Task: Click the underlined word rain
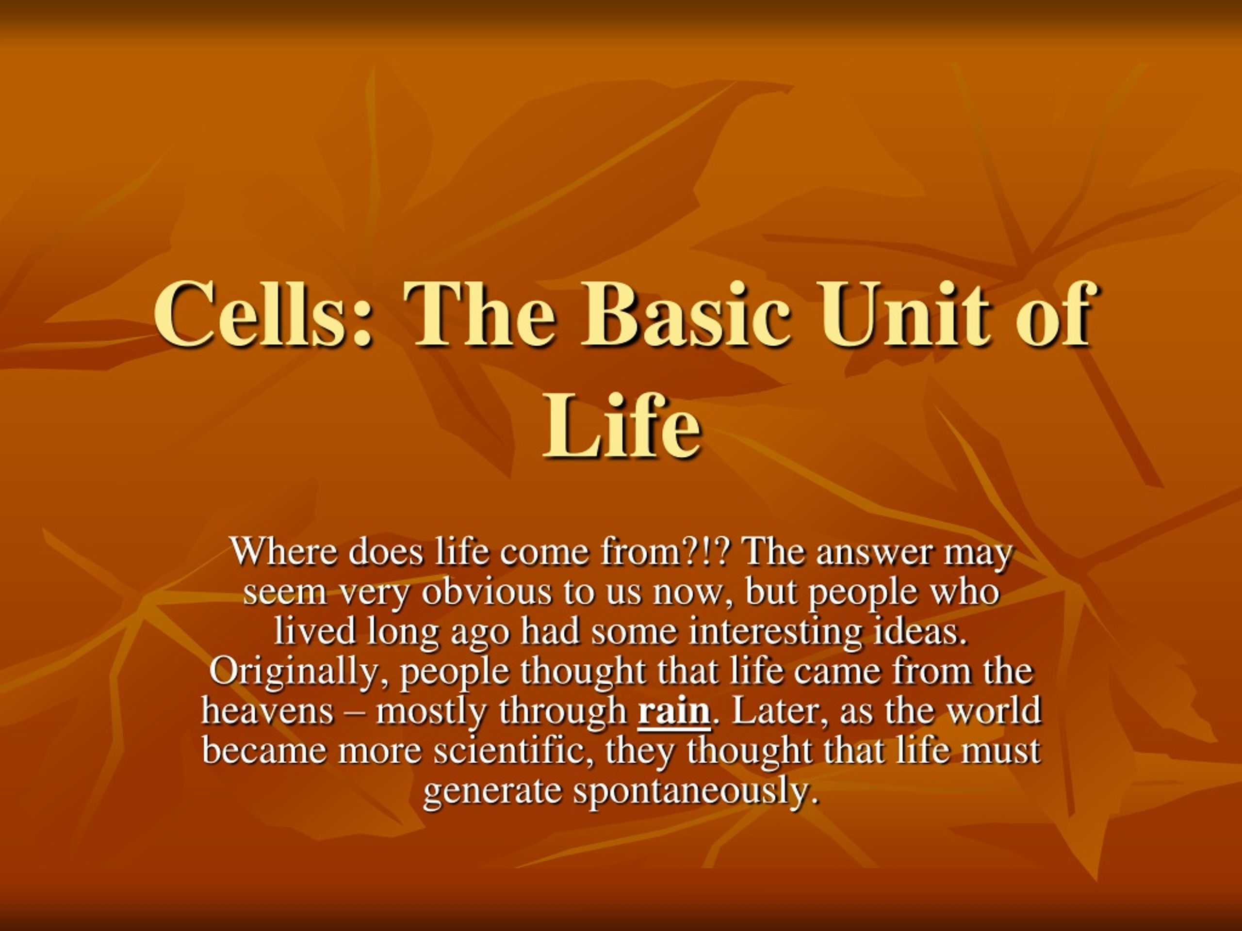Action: [674, 710]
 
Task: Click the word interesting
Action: [774, 632]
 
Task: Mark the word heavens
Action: [267, 710]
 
